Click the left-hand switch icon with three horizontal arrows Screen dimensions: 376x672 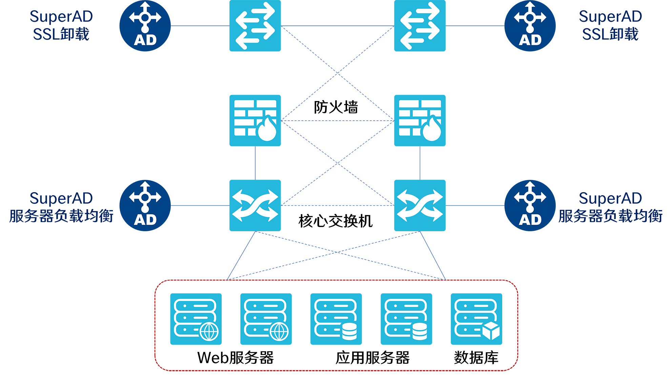[255, 26]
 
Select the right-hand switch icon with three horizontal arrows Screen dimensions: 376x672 [420, 26]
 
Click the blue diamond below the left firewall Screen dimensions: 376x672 [255, 163]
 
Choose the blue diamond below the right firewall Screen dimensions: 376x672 [420, 163]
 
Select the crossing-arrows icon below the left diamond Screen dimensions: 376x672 [255, 205]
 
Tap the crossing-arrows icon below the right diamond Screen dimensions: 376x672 [420, 205]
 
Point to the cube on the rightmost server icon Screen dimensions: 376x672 [491, 331]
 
